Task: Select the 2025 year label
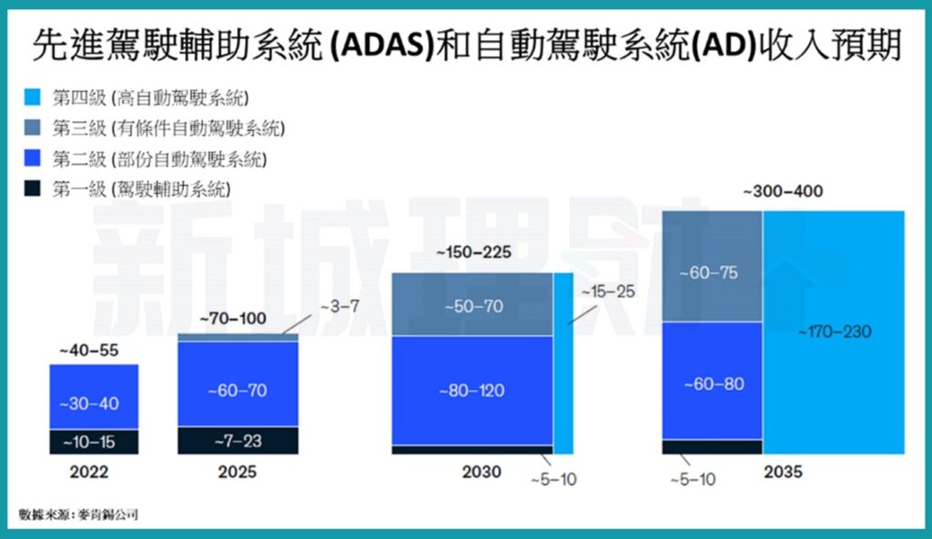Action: point(238,473)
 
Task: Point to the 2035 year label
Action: point(784,473)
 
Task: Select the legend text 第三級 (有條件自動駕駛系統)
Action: point(168,128)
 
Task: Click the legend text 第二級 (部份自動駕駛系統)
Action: point(160,159)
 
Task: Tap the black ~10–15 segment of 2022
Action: point(93,442)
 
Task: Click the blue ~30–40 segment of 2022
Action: point(93,403)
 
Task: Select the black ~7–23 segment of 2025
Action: point(238,441)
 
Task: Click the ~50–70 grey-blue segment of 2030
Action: point(471,306)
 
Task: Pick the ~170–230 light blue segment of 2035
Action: point(833,332)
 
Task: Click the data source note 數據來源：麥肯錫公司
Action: point(78,515)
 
